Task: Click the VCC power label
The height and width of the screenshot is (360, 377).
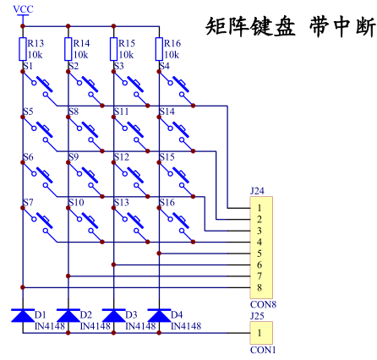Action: tap(23, 9)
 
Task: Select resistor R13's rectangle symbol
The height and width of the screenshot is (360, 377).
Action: tap(23, 49)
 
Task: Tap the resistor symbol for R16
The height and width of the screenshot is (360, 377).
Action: tap(159, 49)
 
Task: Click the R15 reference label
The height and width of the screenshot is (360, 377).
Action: tap(127, 43)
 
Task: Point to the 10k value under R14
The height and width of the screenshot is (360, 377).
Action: tap(80, 55)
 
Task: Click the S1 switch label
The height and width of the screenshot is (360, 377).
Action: tap(28, 66)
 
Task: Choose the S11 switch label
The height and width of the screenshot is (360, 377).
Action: tap(122, 112)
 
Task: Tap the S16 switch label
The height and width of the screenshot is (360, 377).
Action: tap(167, 203)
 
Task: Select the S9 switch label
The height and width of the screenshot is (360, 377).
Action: tap(74, 157)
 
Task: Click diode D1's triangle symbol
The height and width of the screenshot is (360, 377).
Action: tap(23, 315)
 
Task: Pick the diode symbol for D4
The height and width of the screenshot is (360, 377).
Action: tap(159, 315)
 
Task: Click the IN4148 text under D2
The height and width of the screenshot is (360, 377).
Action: tap(96, 326)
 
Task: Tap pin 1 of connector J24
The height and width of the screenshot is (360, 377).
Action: tap(260, 208)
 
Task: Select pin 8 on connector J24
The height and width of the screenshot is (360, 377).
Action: tap(260, 287)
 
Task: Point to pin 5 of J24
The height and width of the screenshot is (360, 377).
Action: tap(260, 254)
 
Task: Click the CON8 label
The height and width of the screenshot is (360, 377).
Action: tap(263, 304)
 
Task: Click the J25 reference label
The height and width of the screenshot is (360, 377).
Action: tap(257, 316)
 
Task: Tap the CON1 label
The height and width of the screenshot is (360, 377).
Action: tap(263, 350)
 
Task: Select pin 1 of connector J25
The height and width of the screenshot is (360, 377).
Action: tap(260, 333)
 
